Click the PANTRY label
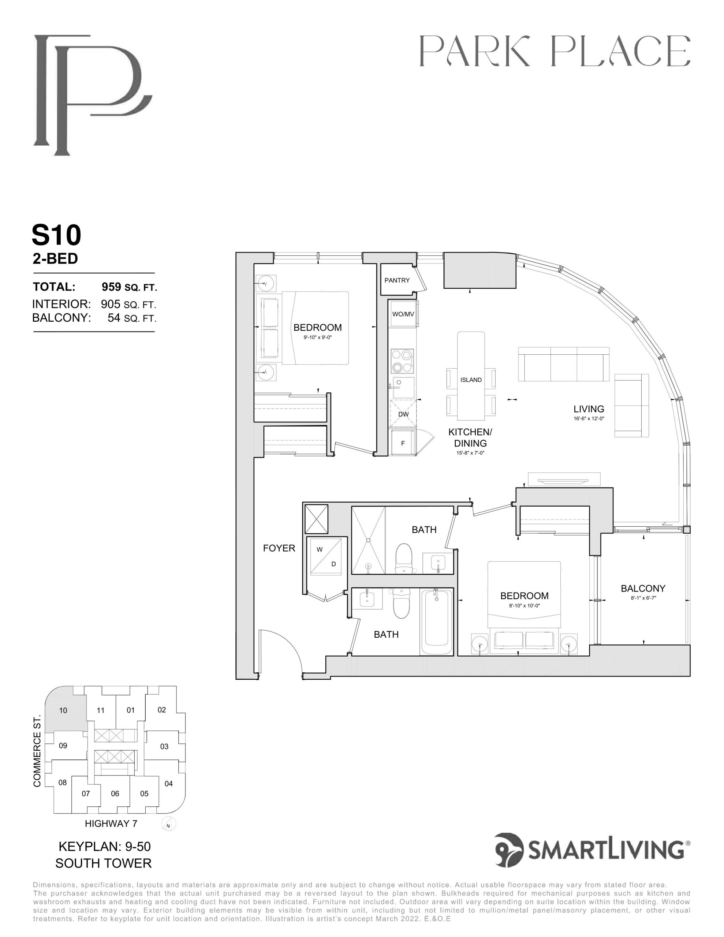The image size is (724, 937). pos(397,280)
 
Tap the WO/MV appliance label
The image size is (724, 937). pos(403,314)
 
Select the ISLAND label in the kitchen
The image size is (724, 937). pos(471,380)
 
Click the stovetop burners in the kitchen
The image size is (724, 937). pos(403,361)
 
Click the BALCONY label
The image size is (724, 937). pos(643,588)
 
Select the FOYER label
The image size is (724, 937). pos(279,548)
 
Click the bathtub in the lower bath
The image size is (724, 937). pos(436,622)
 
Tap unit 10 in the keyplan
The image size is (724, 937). pos(63,710)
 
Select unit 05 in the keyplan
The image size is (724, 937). pos(144,793)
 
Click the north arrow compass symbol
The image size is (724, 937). pos(169,824)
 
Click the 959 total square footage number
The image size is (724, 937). pos(111,286)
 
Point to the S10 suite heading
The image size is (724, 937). pos(56,235)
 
